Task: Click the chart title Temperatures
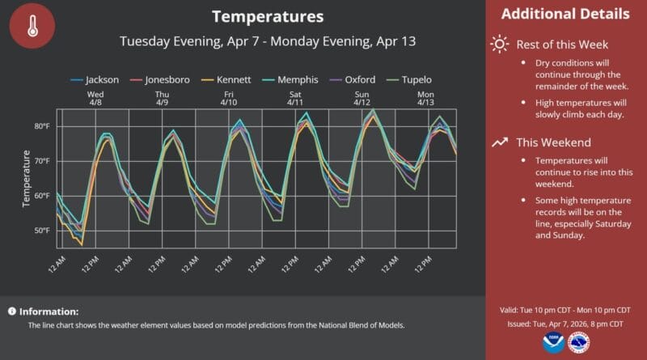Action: point(267,16)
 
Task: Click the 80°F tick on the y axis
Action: point(43,126)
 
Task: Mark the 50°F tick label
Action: point(43,231)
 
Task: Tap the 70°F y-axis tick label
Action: point(43,161)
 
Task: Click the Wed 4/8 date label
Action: point(96,99)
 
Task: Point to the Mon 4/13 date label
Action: point(426,99)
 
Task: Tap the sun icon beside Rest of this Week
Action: point(501,44)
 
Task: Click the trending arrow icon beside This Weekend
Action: point(501,142)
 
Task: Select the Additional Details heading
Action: point(565,15)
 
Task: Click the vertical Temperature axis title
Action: point(27,178)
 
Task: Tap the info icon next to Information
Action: point(12,311)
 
